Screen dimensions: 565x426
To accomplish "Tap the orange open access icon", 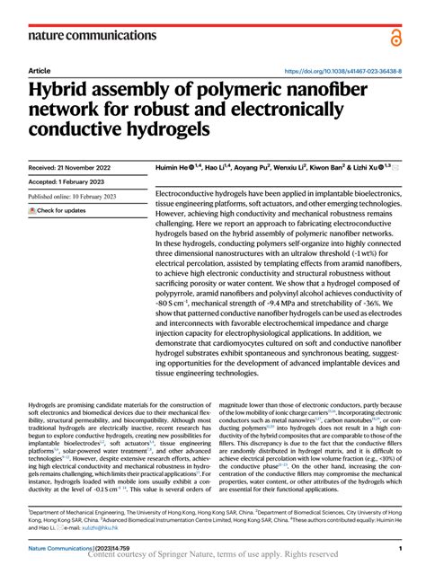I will pyautogui.click(x=395, y=36).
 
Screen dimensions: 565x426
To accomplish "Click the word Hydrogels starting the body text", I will pyautogui.click(x=45, y=406).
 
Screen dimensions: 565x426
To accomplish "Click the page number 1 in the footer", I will pyautogui.click(x=398, y=547).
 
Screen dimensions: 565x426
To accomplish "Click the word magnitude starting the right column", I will pyautogui.click(x=236, y=406).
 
